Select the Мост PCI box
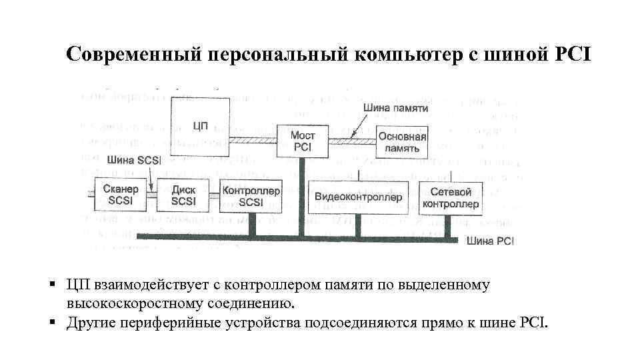303,141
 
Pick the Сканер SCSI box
121,195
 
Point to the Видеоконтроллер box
358,197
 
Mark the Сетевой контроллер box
451,197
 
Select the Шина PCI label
491,241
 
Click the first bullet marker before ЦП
51,285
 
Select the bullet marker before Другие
51,323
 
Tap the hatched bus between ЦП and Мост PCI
254,141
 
